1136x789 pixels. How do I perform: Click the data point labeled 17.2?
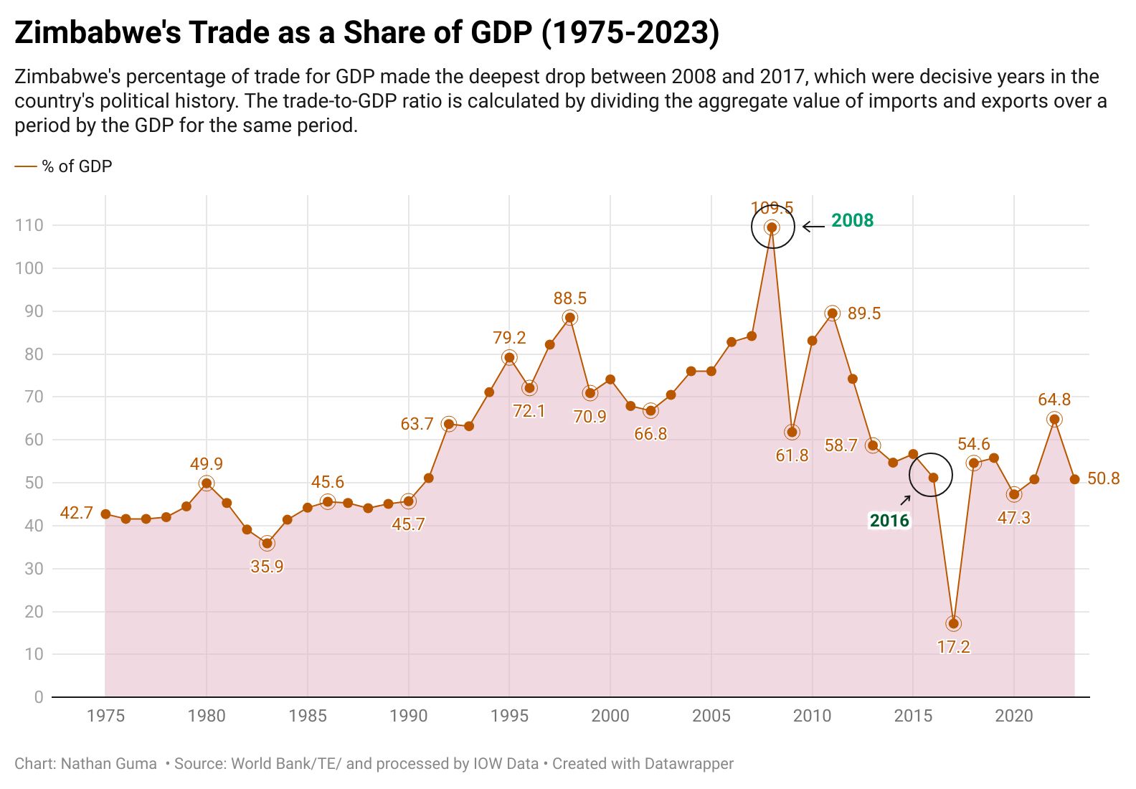[953, 623]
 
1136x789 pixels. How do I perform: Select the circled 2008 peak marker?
[772, 227]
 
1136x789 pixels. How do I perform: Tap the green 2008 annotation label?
[852, 220]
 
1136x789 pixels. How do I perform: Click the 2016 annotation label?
[889, 521]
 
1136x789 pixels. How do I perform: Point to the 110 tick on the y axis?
[29, 225]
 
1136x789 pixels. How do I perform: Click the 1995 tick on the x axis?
[509, 715]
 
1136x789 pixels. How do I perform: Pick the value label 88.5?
[569, 298]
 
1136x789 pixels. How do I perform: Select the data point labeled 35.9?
[267, 543]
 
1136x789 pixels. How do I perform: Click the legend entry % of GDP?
[77, 166]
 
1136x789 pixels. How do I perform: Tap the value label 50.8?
[1103, 478]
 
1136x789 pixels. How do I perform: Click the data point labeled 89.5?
[832, 313]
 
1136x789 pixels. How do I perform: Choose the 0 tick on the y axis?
[39, 697]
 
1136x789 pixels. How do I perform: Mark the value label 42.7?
[76, 513]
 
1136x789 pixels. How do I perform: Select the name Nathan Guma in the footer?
[108, 764]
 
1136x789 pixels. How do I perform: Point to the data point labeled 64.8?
[1054, 420]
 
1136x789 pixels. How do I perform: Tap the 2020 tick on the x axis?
[1014, 715]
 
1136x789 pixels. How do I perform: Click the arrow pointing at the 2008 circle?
[813, 227]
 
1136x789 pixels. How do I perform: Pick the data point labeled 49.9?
[207, 483]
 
